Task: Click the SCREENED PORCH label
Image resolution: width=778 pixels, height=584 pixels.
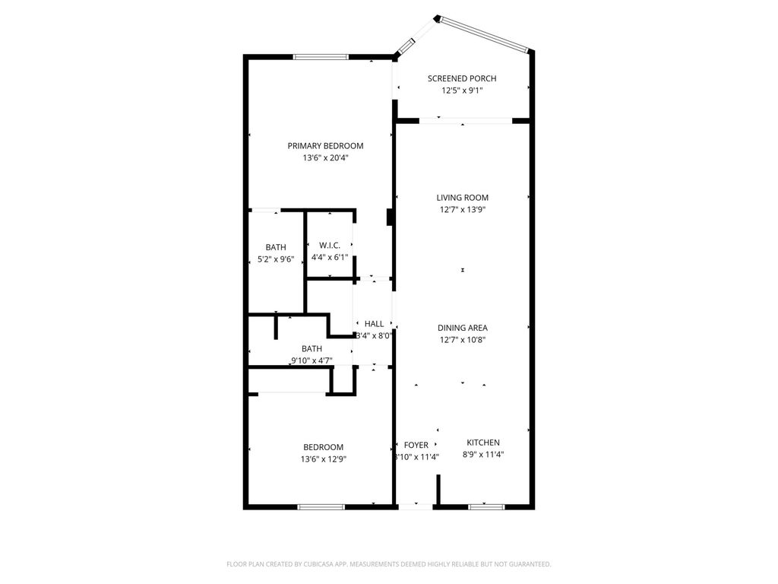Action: coord(462,78)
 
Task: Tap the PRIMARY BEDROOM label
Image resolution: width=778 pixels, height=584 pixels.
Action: coord(325,146)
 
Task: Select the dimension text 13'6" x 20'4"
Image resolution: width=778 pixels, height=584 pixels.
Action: coord(325,158)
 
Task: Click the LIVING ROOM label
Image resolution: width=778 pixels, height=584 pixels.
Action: coord(462,198)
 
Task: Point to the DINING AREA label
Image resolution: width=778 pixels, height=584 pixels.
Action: coord(462,328)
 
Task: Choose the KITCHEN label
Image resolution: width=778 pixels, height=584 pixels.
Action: coord(483,443)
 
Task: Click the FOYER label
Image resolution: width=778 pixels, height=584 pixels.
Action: coord(416,445)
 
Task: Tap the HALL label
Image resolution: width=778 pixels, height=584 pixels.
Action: coord(374,323)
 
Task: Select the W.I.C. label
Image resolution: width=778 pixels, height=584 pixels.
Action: coord(330,245)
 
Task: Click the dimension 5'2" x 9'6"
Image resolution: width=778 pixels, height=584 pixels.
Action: coord(276,259)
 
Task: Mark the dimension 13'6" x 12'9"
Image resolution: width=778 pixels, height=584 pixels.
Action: coord(324,459)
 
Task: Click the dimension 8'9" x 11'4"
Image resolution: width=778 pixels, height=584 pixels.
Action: coord(483,455)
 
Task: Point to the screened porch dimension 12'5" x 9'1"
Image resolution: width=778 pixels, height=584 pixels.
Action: coord(462,90)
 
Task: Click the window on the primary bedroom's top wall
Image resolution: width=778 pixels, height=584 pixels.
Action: coord(321,56)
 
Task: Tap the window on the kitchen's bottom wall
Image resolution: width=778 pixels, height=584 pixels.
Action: coord(486,506)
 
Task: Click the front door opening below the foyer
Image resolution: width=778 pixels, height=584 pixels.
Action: coord(416,506)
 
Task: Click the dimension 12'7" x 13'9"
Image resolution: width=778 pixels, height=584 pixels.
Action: coord(462,210)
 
